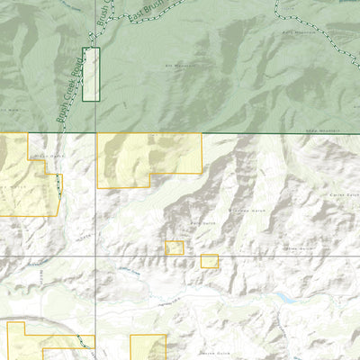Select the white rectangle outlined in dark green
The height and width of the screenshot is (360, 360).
coord(91,74)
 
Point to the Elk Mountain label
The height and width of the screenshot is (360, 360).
coord(180,66)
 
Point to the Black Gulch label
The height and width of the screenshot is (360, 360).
coord(45,156)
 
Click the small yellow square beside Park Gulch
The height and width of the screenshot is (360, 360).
coord(175,247)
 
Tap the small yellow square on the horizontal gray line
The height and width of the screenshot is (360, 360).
coord(210,261)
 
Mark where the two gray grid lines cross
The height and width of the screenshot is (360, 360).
coord(96,256)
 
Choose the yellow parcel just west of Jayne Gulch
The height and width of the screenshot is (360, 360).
coord(148,347)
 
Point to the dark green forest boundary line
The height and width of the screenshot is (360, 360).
coord(270,134)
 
